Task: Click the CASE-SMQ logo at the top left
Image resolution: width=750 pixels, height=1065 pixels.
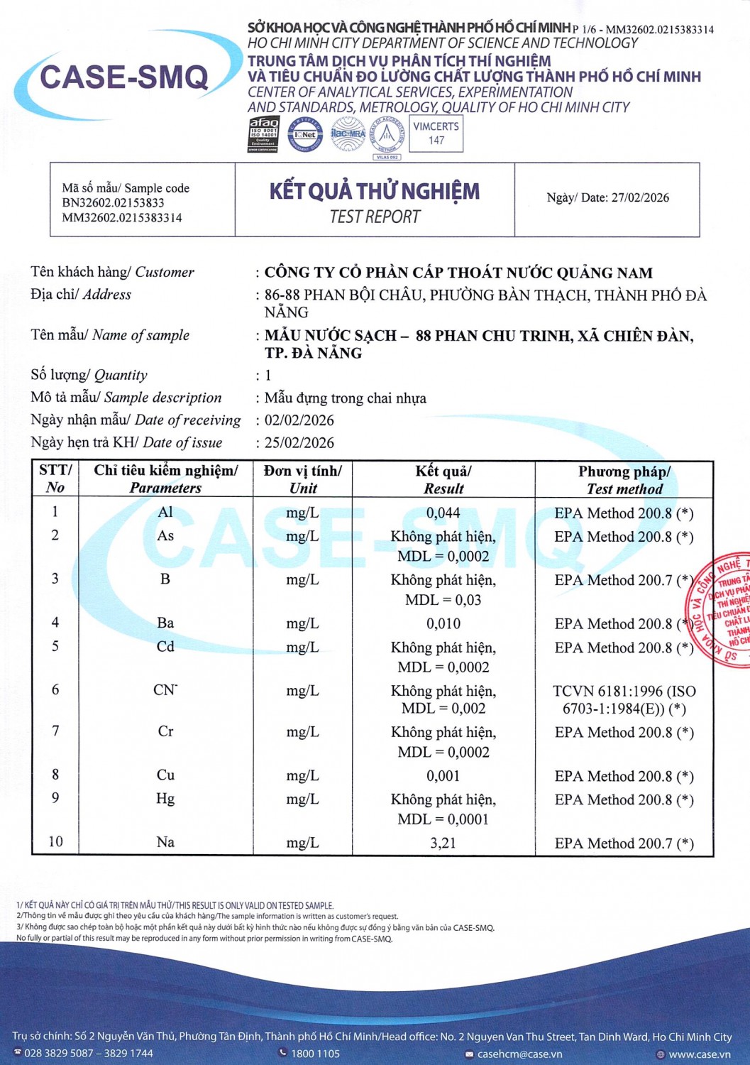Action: [x=124, y=77]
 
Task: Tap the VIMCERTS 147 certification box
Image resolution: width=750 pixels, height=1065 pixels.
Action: [x=436, y=133]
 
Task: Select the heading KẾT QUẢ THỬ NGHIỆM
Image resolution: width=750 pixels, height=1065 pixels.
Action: [x=375, y=191]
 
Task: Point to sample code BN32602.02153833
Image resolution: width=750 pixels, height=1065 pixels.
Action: [x=113, y=203]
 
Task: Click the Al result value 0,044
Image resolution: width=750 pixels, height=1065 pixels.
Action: [x=443, y=513]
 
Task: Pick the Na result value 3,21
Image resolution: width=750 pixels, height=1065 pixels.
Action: [x=443, y=843]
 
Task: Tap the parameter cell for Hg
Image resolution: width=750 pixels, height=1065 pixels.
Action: [x=165, y=799]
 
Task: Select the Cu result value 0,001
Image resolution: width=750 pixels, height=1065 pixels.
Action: [x=443, y=776]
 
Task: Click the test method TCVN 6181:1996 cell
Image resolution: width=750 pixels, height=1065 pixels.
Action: [x=624, y=699]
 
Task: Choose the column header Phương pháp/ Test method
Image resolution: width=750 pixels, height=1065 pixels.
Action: [x=624, y=480]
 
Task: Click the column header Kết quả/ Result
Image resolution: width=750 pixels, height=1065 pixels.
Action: [x=443, y=480]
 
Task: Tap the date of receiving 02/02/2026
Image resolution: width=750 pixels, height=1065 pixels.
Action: [x=299, y=420]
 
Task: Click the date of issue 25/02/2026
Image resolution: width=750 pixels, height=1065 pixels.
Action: [x=299, y=443]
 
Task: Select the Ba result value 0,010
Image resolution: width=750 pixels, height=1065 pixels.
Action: [x=443, y=624]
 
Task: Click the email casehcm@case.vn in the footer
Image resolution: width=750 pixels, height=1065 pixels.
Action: [x=519, y=1054]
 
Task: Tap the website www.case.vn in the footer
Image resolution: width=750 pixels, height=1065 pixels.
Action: [x=699, y=1054]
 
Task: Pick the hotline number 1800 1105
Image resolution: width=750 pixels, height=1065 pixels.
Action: [x=315, y=1054]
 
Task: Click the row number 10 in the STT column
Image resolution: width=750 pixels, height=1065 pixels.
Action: [x=55, y=842]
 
